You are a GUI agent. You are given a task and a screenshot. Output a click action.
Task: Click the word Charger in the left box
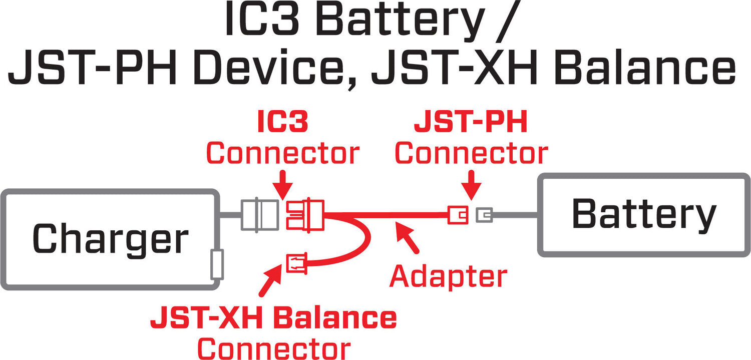click(x=110, y=239)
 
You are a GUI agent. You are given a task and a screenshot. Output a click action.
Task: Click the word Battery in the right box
click(x=644, y=214)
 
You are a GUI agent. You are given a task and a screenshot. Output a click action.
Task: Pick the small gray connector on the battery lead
click(x=484, y=215)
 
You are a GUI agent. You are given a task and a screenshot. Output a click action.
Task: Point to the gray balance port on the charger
click(x=218, y=265)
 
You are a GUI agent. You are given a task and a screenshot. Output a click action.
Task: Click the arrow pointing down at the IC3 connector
click(x=283, y=185)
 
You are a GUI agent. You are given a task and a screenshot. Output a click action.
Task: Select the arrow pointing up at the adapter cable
click(x=408, y=239)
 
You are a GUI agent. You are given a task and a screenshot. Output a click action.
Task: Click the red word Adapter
click(x=449, y=276)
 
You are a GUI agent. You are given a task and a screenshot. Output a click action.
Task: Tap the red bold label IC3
click(x=282, y=123)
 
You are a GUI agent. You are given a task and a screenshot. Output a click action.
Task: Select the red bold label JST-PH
click(x=471, y=123)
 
